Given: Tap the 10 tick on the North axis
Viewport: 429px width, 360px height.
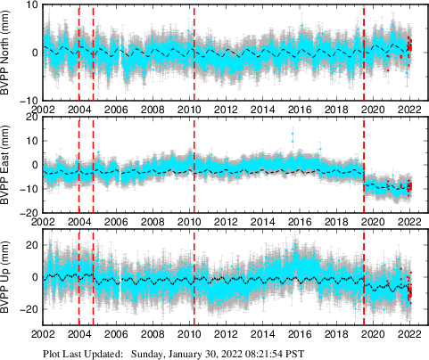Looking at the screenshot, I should [x=29, y=5].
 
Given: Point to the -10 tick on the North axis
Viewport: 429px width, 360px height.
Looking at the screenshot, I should [x=27, y=100].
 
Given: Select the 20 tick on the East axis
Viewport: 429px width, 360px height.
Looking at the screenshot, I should [x=29, y=118].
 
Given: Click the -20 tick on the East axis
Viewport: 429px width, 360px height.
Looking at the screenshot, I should [x=27, y=213].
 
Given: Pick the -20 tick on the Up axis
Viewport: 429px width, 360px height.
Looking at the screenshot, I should [x=27, y=308].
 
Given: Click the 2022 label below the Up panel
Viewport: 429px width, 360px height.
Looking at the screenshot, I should [x=409, y=335].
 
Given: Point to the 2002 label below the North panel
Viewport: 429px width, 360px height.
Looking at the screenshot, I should [x=44, y=110].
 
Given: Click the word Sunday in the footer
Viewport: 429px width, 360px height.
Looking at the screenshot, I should [x=149, y=353].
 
